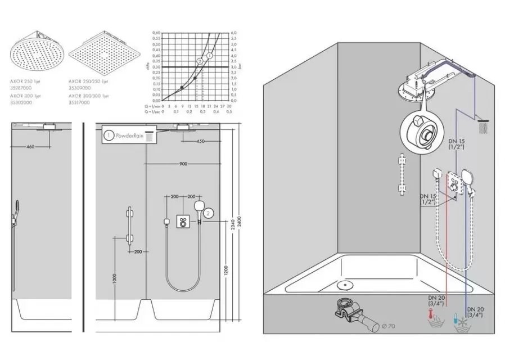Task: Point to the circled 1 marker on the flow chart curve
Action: pyautogui.click(x=209, y=56)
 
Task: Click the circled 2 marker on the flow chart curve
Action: pyautogui.click(x=200, y=61)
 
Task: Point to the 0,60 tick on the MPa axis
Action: pyautogui.click(x=157, y=33)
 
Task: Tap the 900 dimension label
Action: pyautogui.click(x=183, y=163)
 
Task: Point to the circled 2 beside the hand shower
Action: pyautogui.click(x=209, y=213)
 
